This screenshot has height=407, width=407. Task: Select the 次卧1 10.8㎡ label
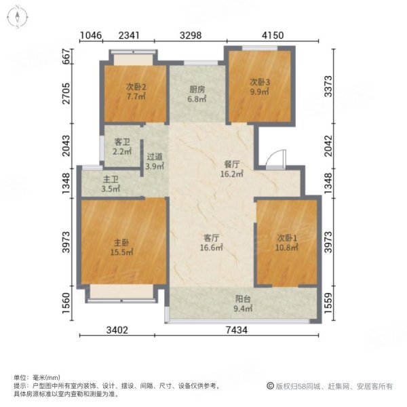[287, 243]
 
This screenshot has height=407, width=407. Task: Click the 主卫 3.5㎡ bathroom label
[111, 184]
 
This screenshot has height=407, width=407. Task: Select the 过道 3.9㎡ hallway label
[155, 161]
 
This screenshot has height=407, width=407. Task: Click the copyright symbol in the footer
[269, 386]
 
